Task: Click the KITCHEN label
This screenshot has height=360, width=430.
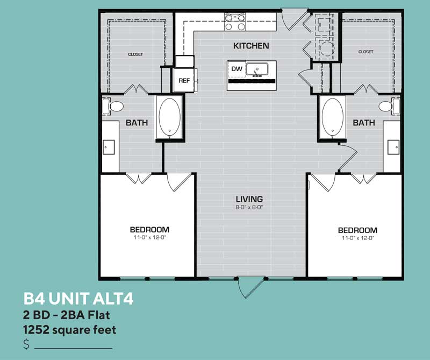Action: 251,46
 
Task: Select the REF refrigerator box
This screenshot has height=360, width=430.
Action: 184,81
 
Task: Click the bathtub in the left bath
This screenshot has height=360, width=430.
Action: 169,117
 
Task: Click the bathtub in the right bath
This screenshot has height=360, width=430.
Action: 332,117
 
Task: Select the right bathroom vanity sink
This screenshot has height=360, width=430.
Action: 393,146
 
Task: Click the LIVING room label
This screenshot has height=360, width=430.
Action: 249,199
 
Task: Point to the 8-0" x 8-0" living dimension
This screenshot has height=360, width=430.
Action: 249,207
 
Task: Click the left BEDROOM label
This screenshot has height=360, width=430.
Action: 149,229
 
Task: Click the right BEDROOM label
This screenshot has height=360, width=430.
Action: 357,230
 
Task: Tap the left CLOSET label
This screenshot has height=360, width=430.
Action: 135,54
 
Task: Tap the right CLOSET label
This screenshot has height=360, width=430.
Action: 365,52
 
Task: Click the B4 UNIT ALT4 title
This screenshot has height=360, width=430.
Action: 78,299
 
